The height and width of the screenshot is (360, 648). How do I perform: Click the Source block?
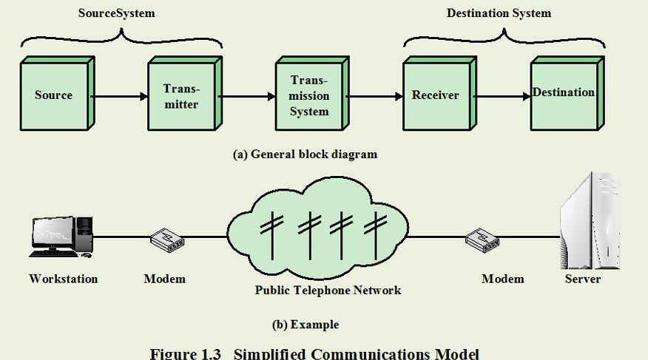pos(53,95)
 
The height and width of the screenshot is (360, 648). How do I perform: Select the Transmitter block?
pos(180,97)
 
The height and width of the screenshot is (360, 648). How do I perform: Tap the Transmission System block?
pos(308,95)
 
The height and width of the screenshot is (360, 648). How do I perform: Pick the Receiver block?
pos(435,95)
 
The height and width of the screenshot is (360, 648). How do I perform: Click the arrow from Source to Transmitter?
pos(118,95)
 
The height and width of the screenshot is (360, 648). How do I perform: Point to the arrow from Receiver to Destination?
pos(502,95)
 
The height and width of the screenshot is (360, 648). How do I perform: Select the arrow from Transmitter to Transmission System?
pos(247,95)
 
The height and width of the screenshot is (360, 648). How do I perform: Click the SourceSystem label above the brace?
pos(117,13)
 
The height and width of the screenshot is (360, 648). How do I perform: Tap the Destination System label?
pos(499,13)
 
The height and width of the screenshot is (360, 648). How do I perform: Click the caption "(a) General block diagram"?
pos(305,154)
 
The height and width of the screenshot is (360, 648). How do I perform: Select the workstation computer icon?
pos(62,237)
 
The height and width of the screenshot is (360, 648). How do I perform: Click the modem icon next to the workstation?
pos(167,238)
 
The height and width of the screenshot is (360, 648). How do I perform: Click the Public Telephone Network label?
pos(328,291)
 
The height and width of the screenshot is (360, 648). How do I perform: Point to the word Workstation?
pos(63,279)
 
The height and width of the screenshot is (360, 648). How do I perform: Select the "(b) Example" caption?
pos(306,325)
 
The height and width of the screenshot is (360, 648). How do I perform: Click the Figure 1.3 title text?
pos(314,353)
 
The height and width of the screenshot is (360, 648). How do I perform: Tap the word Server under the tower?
pos(583,279)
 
